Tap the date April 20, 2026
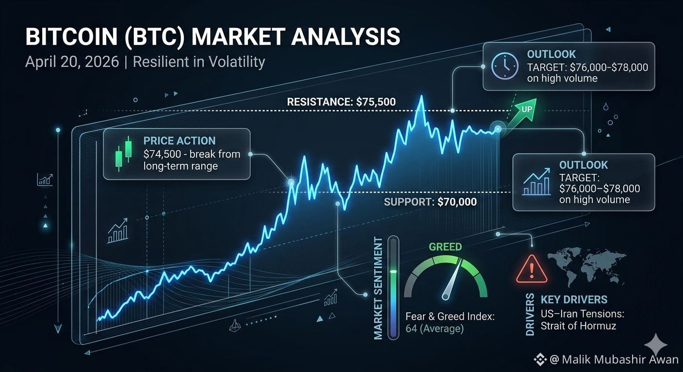72,62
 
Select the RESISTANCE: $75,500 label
341,102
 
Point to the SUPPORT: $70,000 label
430,202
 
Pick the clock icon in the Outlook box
504,66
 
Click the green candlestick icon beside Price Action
124,154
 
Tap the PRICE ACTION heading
179,140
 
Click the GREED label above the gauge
445,247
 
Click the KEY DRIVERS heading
574,299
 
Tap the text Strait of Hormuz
578,326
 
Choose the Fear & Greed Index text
450,317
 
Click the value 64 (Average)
435,329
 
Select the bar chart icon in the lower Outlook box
537,182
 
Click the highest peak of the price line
422,96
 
